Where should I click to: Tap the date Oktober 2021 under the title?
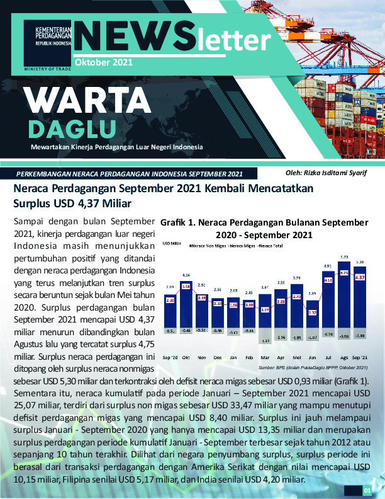(103, 62)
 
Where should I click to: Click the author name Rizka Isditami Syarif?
(326, 173)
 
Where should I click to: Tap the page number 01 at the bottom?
(367, 490)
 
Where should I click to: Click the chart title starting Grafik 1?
(264, 228)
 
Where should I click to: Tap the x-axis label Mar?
(265, 357)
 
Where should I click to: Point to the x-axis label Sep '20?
(170, 357)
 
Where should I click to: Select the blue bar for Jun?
(312, 316)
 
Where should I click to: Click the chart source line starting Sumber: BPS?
(312, 367)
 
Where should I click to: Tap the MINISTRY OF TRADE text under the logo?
(48, 68)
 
